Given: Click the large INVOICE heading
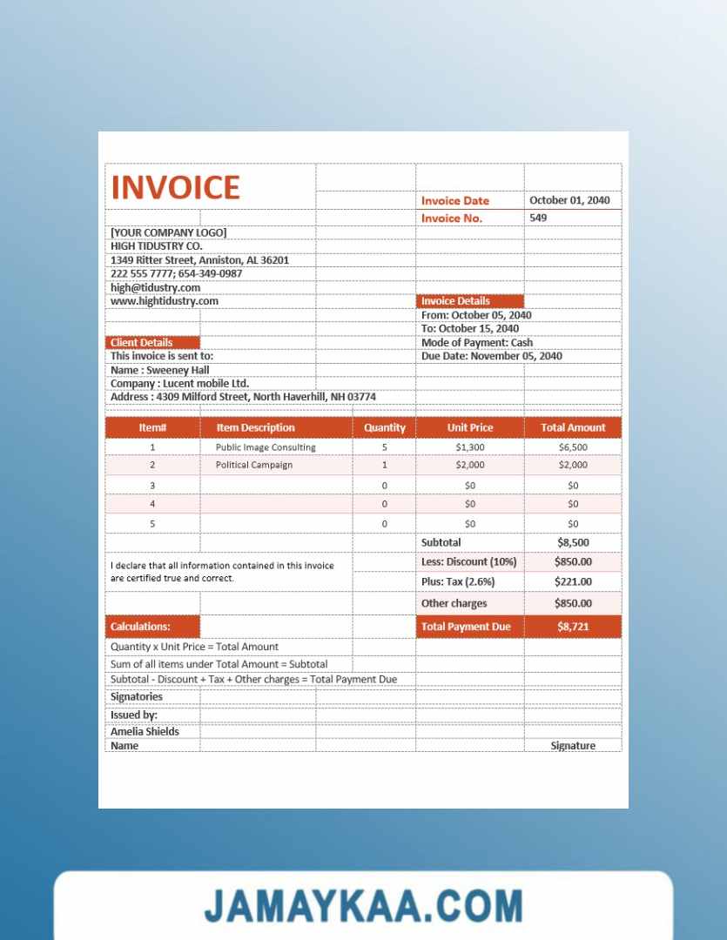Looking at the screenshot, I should pyautogui.click(x=175, y=188).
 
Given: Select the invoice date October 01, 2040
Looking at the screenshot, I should pyautogui.click(x=569, y=200).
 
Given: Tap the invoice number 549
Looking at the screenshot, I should pyautogui.click(x=538, y=218).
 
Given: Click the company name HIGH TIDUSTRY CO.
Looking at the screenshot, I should pyautogui.click(x=156, y=246).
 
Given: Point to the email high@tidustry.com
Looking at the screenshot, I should pyautogui.click(x=155, y=287).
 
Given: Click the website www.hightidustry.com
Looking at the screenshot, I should pyautogui.click(x=164, y=301).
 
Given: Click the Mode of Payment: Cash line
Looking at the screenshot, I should pyautogui.click(x=477, y=342).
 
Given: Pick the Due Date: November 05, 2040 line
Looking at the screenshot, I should pyautogui.click(x=491, y=356).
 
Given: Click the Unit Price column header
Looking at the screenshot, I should pyautogui.click(x=469, y=427).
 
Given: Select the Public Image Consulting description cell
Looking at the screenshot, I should pyautogui.click(x=266, y=447).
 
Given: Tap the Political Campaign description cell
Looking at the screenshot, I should pyautogui.click(x=253, y=465).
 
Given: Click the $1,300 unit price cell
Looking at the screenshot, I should pyautogui.click(x=469, y=447).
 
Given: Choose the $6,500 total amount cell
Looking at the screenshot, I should pyautogui.click(x=573, y=447).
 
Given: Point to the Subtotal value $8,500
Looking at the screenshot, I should pyautogui.click(x=573, y=542).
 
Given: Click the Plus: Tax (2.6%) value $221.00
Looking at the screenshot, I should pyautogui.click(x=573, y=581).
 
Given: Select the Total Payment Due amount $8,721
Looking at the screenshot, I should pyautogui.click(x=573, y=627).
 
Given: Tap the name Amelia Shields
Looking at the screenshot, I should pyautogui.click(x=145, y=731).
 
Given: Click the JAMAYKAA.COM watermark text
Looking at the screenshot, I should pyautogui.click(x=363, y=906).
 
